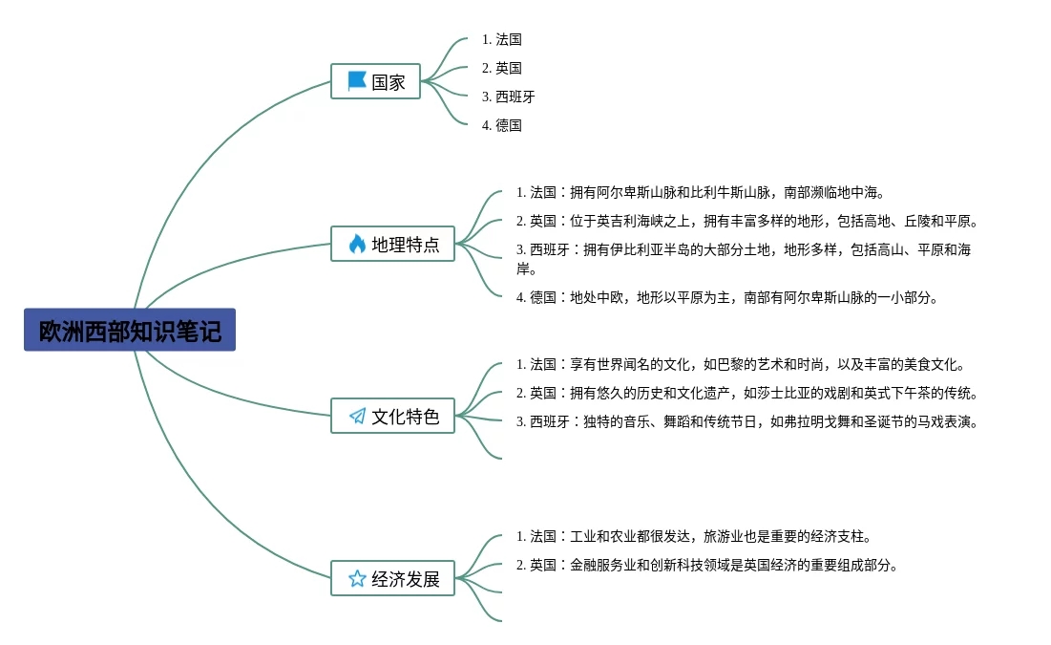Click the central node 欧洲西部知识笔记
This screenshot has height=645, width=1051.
pyautogui.click(x=130, y=331)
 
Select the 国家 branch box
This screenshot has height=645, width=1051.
pyautogui.click(x=375, y=81)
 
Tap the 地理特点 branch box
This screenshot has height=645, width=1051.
pyautogui.click(x=392, y=244)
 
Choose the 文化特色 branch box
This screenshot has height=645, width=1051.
pyautogui.click(x=392, y=416)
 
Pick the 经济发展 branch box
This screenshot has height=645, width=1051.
pyautogui.click(x=392, y=578)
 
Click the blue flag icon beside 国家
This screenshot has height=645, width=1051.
pyautogui.click(x=357, y=81)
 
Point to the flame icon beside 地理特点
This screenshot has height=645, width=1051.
pyautogui.click(x=357, y=244)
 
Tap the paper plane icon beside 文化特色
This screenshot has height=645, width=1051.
pyautogui.click(x=357, y=416)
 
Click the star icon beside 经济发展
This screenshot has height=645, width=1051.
pyautogui.click(x=357, y=578)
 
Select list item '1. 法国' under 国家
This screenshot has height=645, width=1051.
pyautogui.click(x=502, y=39)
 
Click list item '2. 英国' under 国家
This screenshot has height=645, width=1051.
pyautogui.click(x=502, y=68)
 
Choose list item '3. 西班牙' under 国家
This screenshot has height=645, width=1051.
pyautogui.click(x=509, y=97)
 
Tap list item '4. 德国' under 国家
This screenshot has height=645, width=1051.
pyautogui.click(x=502, y=125)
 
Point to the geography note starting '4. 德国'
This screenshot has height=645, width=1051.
pyautogui.click(x=727, y=297)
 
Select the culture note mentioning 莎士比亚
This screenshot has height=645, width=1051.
pyautogui.click(x=748, y=393)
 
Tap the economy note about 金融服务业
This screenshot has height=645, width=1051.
pyautogui.click(x=707, y=565)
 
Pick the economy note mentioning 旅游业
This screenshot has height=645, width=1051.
pyautogui.click(x=694, y=536)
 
